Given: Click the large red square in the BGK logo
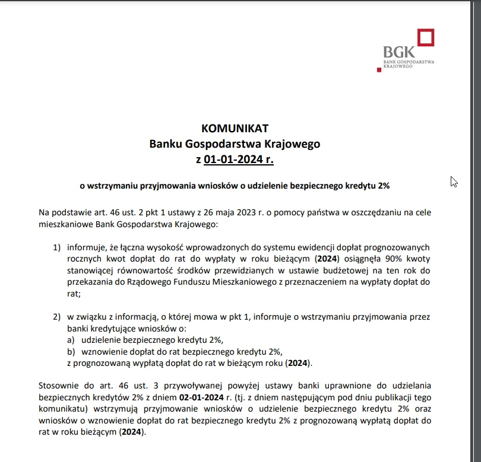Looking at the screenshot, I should coord(425,37).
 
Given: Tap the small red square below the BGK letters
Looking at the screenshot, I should coord(379,69).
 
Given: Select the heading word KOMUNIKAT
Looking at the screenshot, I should coord(235,129).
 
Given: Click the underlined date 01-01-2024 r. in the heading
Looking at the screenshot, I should coord(239,159).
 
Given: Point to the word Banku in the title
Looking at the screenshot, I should coord(166,144).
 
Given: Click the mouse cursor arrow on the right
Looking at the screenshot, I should coord(454,181).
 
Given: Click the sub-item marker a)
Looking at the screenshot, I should coord(71,340).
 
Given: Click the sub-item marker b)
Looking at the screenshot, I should coord(71,352).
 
